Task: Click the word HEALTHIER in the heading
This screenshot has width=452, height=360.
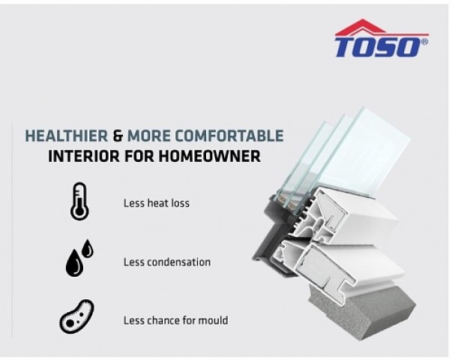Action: pyautogui.click(x=67, y=136)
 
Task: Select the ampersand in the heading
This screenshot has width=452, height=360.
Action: pyautogui.click(x=118, y=136)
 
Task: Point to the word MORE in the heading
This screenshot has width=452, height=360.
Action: pyautogui.click(x=149, y=136)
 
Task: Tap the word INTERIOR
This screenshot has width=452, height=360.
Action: pyautogui.click(x=84, y=156)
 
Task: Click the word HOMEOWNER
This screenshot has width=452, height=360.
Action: pyautogui.click(x=209, y=156)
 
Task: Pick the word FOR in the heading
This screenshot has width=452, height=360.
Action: pyautogui.click(x=139, y=156)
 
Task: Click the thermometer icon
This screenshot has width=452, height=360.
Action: pyautogui.click(x=79, y=201)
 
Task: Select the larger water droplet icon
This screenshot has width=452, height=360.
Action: pyautogui.click(x=74, y=262)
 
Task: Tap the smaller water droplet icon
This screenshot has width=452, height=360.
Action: pyautogui.click(x=88, y=248)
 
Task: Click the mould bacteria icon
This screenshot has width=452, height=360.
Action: pyautogui.click(x=76, y=316)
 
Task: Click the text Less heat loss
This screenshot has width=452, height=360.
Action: pyautogui.click(x=157, y=203)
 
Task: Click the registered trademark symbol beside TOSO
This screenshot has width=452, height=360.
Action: pyautogui.click(x=424, y=41)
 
